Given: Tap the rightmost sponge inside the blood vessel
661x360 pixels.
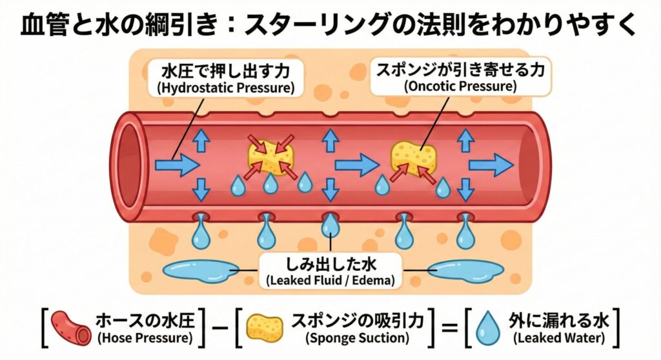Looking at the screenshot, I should (412, 157).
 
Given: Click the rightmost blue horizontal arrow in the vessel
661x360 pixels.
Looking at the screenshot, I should (490, 165).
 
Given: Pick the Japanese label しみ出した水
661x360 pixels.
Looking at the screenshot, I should (330, 265).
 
